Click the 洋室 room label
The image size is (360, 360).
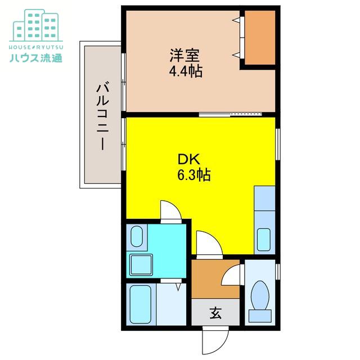[x=184, y=55]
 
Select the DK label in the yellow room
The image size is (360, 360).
[x=189, y=159]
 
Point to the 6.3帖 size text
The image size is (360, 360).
[x=193, y=175]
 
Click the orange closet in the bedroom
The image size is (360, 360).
[x=260, y=38]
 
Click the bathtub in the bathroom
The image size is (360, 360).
[x=141, y=304]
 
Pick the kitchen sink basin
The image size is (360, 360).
[x=264, y=240]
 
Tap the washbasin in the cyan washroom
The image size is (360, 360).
[x=137, y=236]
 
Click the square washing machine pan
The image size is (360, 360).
[x=141, y=265]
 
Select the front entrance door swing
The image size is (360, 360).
[x=215, y=340]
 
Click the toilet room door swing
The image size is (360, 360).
[x=232, y=274]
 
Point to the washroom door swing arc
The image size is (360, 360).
[x=171, y=211]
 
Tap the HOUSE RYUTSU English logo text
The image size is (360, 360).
[x=36, y=47]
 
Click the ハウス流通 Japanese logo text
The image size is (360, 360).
[x=36, y=57]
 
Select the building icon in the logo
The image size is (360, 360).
[x=36, y=25]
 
